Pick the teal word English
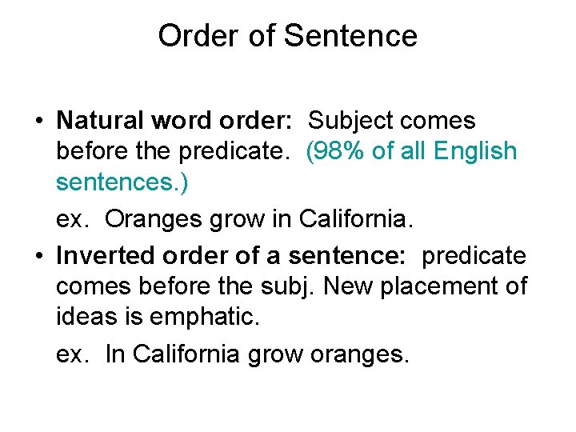474,151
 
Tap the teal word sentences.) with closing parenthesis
122,182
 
